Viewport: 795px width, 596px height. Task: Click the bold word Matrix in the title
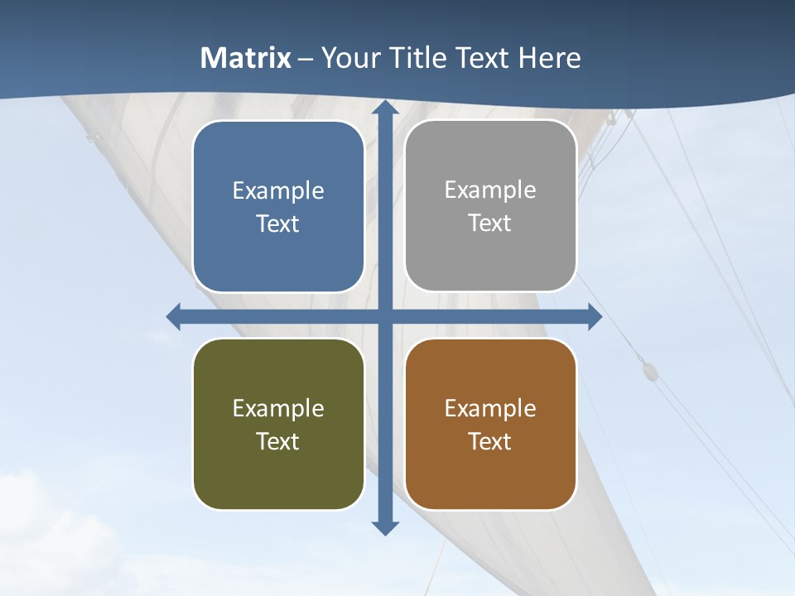[246, 58]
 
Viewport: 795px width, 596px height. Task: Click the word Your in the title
[349, 58]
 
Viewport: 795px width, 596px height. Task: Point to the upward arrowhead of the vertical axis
[385, 108]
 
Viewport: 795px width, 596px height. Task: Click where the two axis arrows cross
[385, 316]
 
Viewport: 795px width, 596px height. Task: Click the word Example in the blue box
[278, 190]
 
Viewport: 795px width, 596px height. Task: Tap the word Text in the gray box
[490, 223]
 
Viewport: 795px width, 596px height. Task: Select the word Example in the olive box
[278, 408]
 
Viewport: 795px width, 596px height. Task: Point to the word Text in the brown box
[490, 441]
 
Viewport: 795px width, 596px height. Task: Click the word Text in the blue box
[278, 223]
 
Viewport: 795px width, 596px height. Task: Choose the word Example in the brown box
[490, 408]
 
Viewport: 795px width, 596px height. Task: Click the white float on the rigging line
[648, 368]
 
